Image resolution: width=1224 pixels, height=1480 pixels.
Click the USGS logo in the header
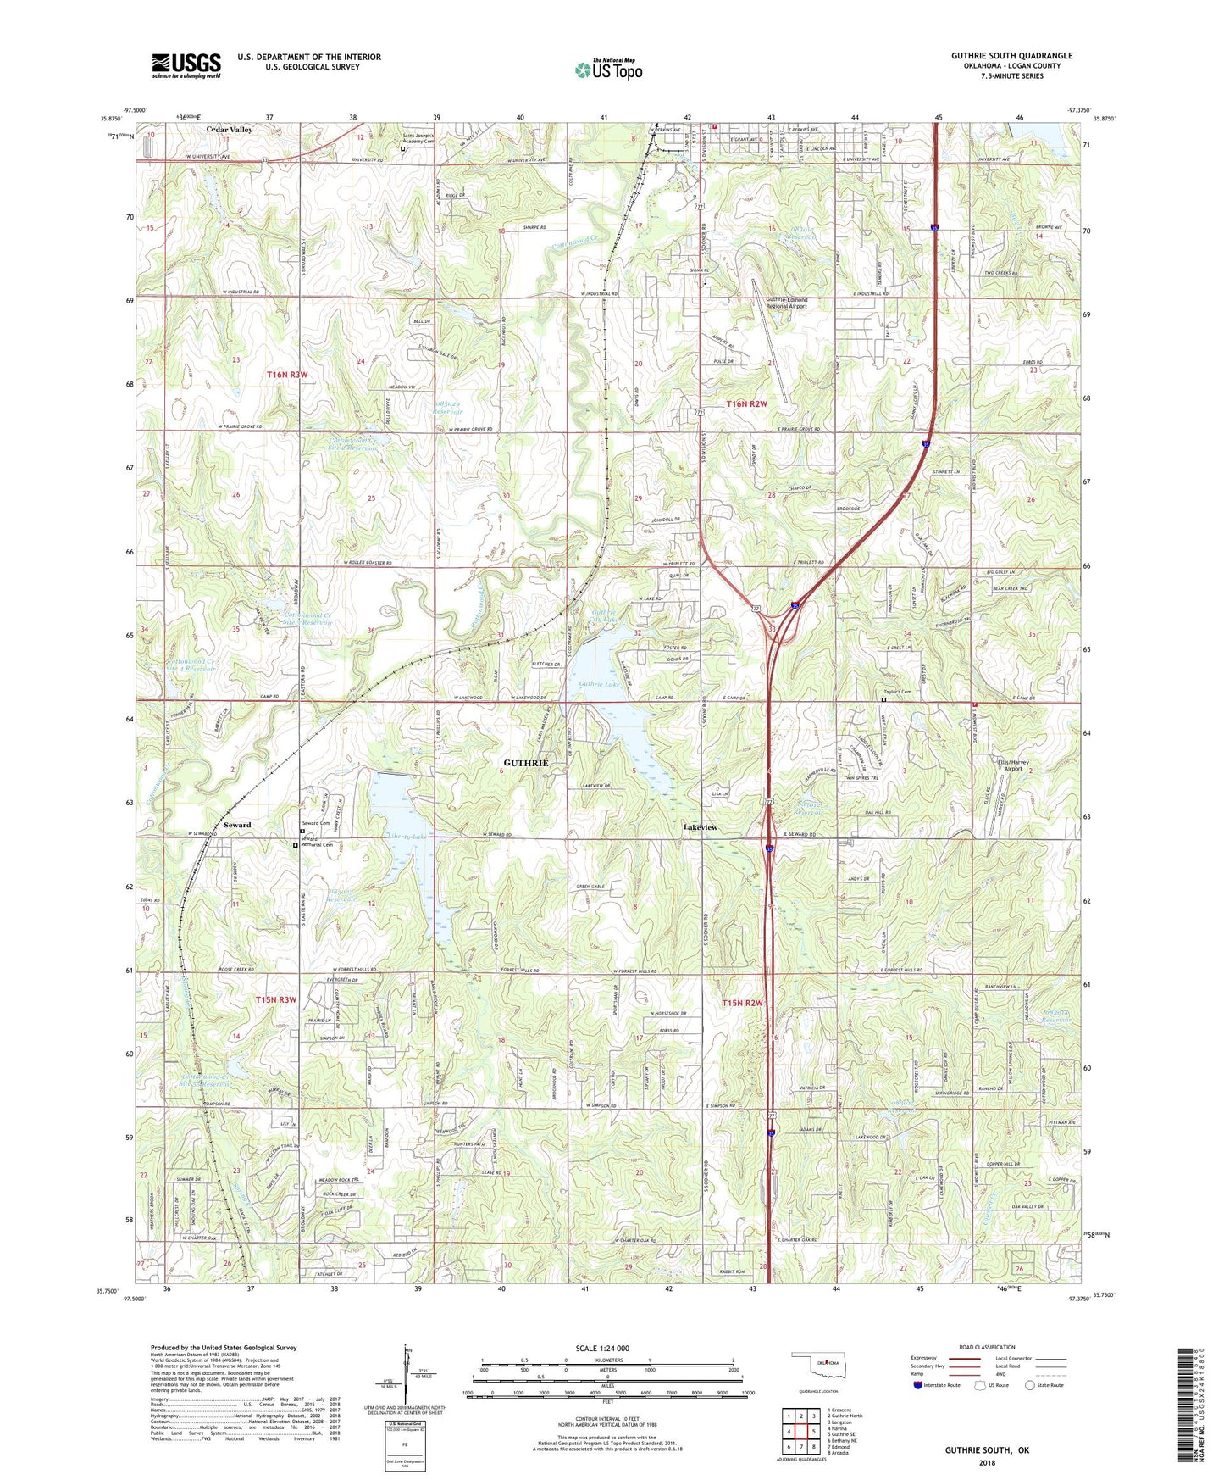[x=186, y=65]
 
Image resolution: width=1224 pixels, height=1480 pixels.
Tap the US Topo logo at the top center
[x=608, y=70]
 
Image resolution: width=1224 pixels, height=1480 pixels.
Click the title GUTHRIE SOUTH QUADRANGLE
[x=1011, y=56]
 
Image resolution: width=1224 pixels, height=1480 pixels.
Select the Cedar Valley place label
[x=230, y=130]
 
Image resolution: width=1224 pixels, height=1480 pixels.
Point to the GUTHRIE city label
[x=526, y=763]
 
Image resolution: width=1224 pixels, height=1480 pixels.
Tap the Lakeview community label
[x=701, y=827]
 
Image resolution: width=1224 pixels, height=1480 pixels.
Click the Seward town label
[x=237, y=825]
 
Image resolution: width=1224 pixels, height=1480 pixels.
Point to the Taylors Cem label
[x=894, y=693]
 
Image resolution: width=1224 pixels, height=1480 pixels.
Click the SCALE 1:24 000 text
[x=602, y=1348]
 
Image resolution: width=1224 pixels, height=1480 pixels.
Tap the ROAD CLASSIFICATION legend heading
[x=985, y=1347]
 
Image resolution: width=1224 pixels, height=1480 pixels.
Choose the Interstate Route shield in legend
[x=918, y=1385]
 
